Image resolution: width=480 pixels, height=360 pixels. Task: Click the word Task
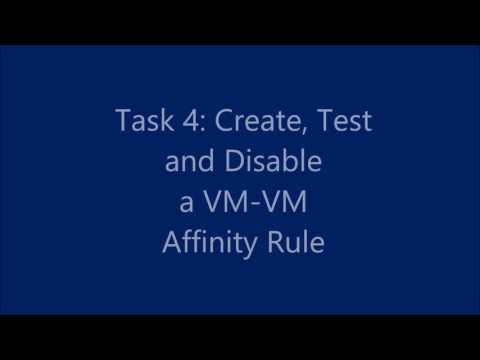(139, 122)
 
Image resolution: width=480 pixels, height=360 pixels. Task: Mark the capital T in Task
(121, 122)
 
